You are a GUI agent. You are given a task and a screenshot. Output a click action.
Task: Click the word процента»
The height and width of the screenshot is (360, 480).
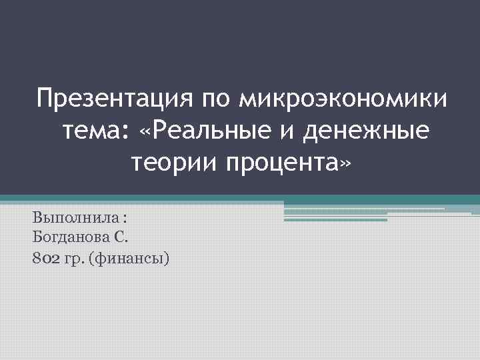[x=287, y=161]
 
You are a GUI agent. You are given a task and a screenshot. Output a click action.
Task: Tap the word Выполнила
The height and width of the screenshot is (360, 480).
[x=66, y=218]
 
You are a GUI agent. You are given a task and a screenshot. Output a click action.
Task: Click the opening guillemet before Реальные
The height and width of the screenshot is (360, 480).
[x=147, y=131]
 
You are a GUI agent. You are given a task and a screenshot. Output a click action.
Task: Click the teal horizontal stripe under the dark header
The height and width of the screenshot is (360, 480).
[x=240, y=198]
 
